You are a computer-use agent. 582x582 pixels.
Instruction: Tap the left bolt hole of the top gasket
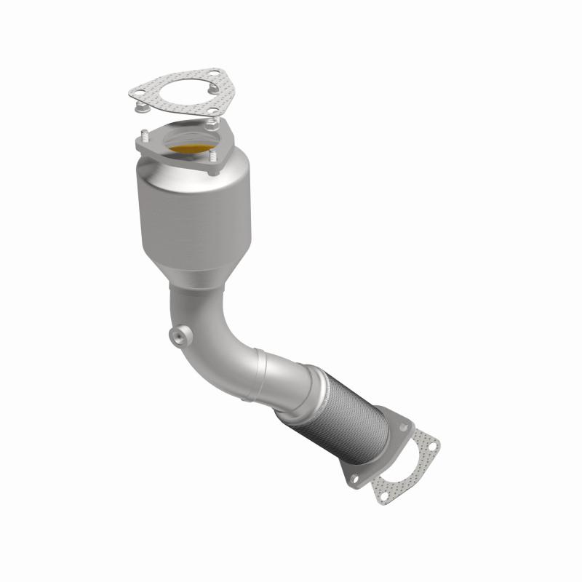[137, 92]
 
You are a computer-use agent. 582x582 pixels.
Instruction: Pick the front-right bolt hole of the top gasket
[212, 111]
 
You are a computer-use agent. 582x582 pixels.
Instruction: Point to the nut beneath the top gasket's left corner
[140, 108]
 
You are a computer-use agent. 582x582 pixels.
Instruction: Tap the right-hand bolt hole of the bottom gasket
[432, 442]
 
